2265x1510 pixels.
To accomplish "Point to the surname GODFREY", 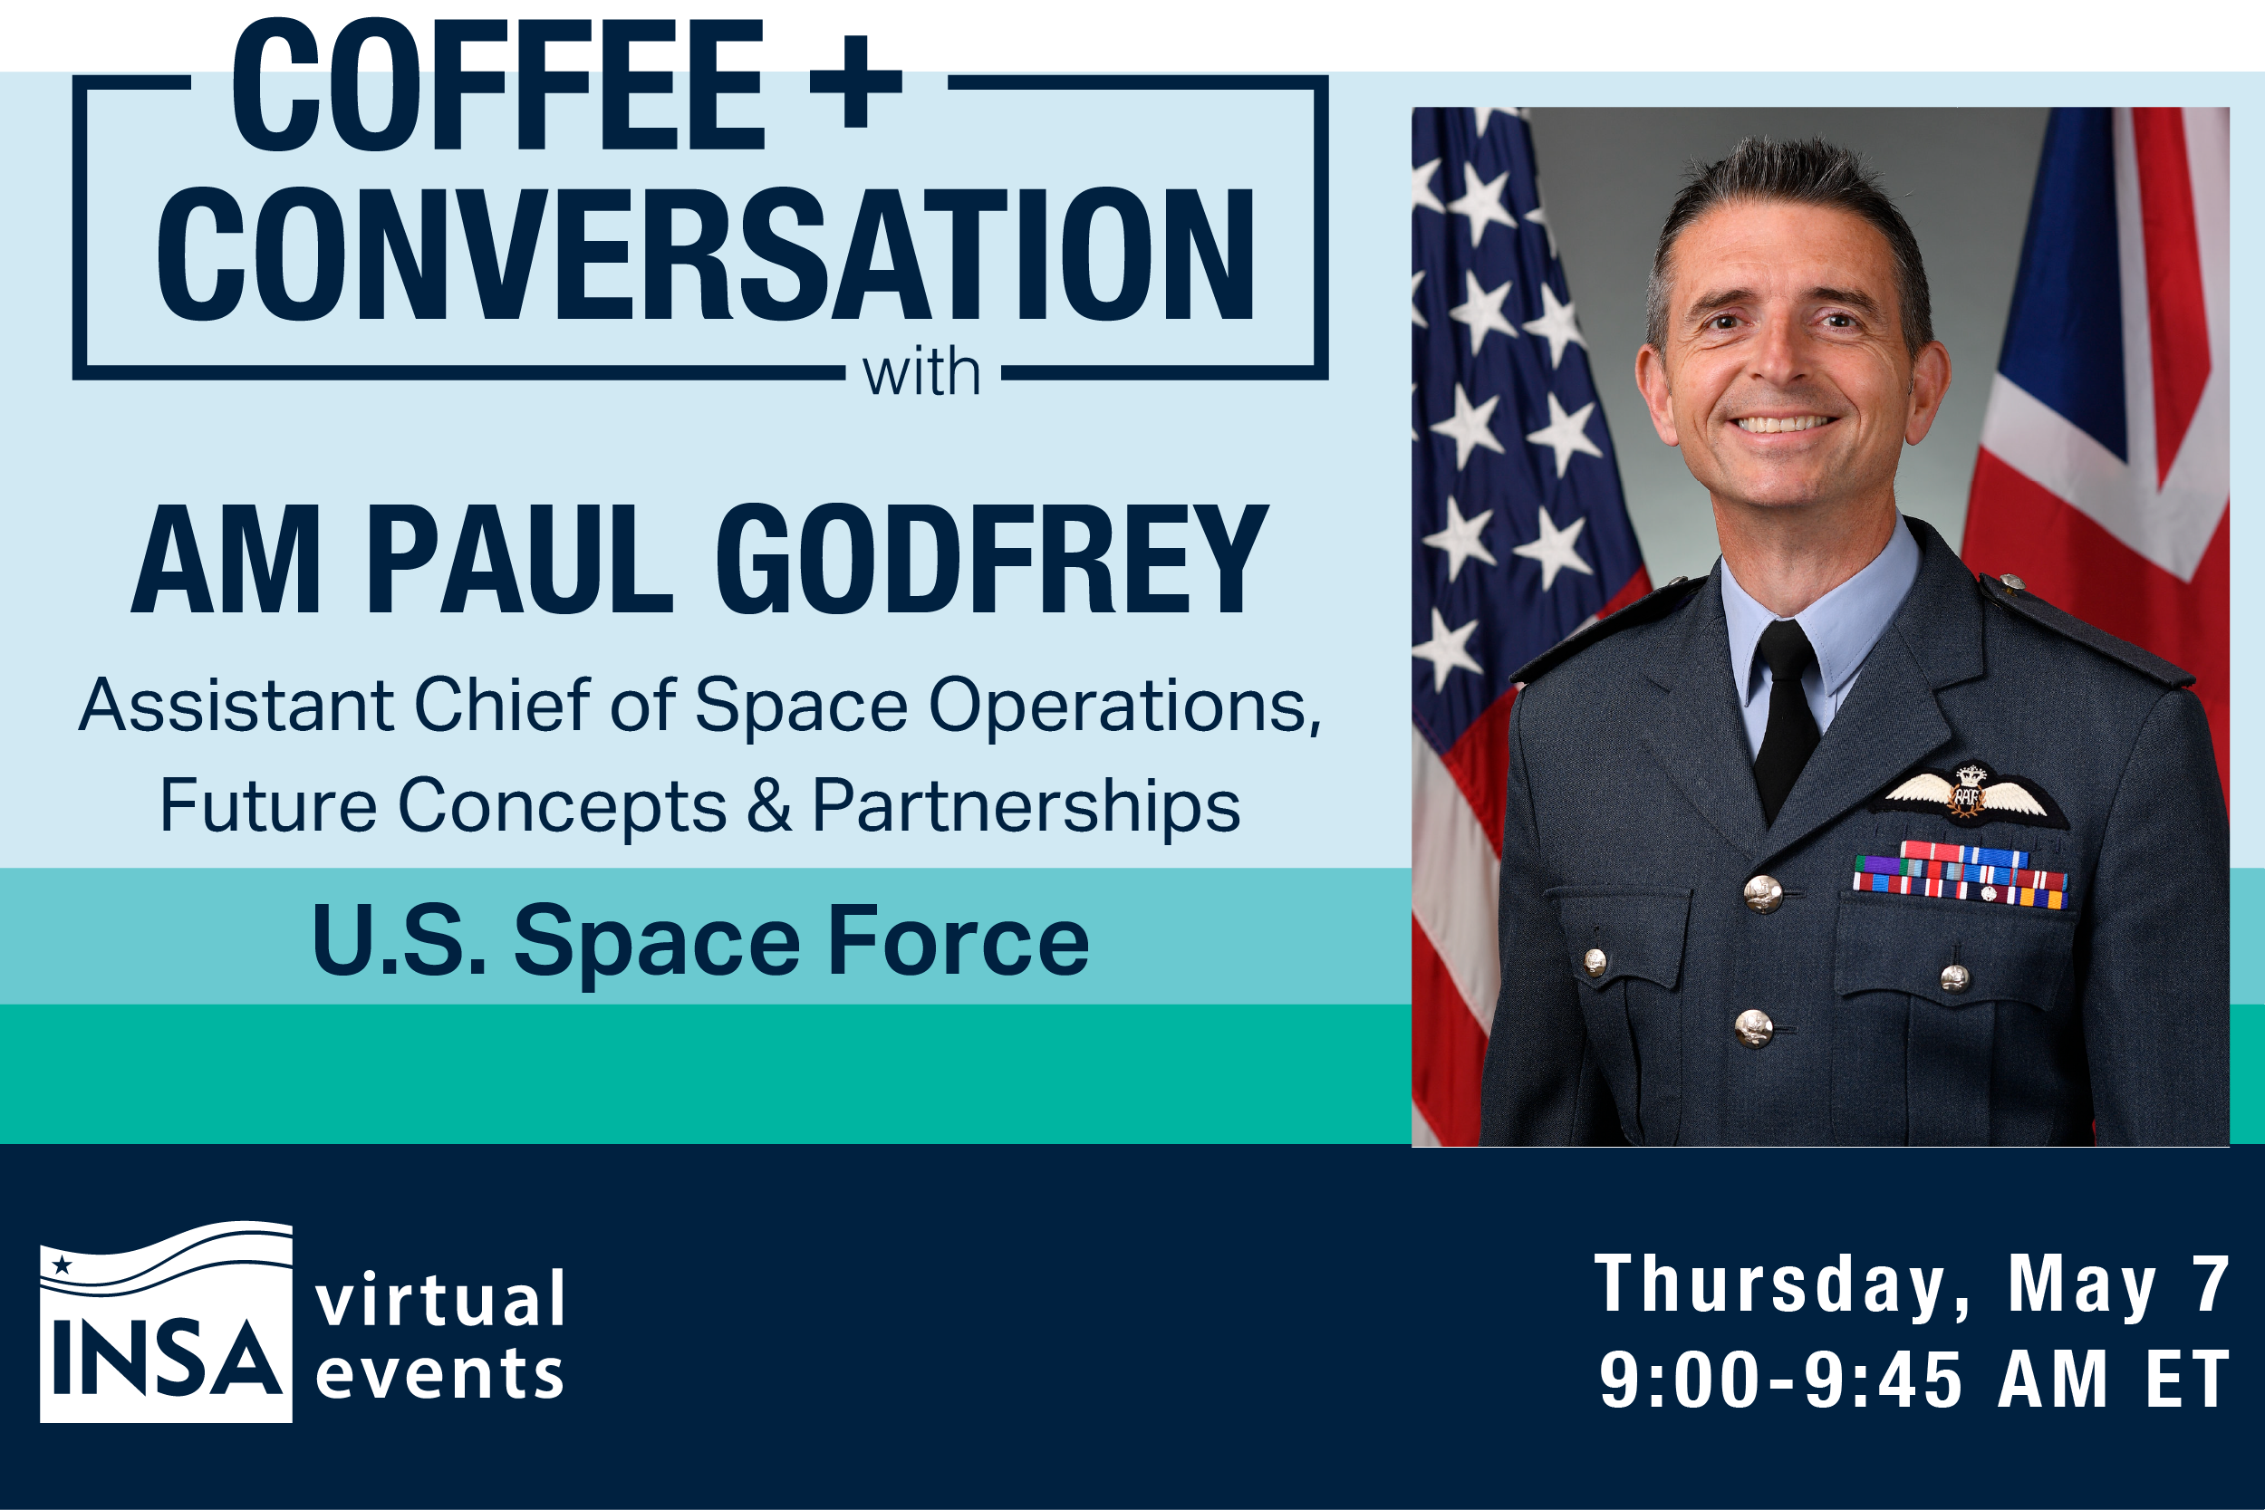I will (991, 560).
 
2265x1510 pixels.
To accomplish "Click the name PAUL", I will (518, 560).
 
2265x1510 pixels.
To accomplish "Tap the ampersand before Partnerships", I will (768, 805).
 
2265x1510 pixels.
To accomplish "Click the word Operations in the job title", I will (1123, 706).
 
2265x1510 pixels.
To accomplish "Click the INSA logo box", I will (166, 1323).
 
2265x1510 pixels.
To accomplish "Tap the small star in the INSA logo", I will (63, 1265).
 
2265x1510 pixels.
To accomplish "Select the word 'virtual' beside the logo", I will (441, 1299).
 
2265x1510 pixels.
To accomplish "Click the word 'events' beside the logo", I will (440, 1374).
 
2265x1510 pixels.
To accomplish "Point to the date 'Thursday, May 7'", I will (1911, 1284).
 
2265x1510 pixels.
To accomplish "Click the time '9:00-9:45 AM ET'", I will (1913, 1379).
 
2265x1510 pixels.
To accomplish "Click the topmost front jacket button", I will (1762, 894).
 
